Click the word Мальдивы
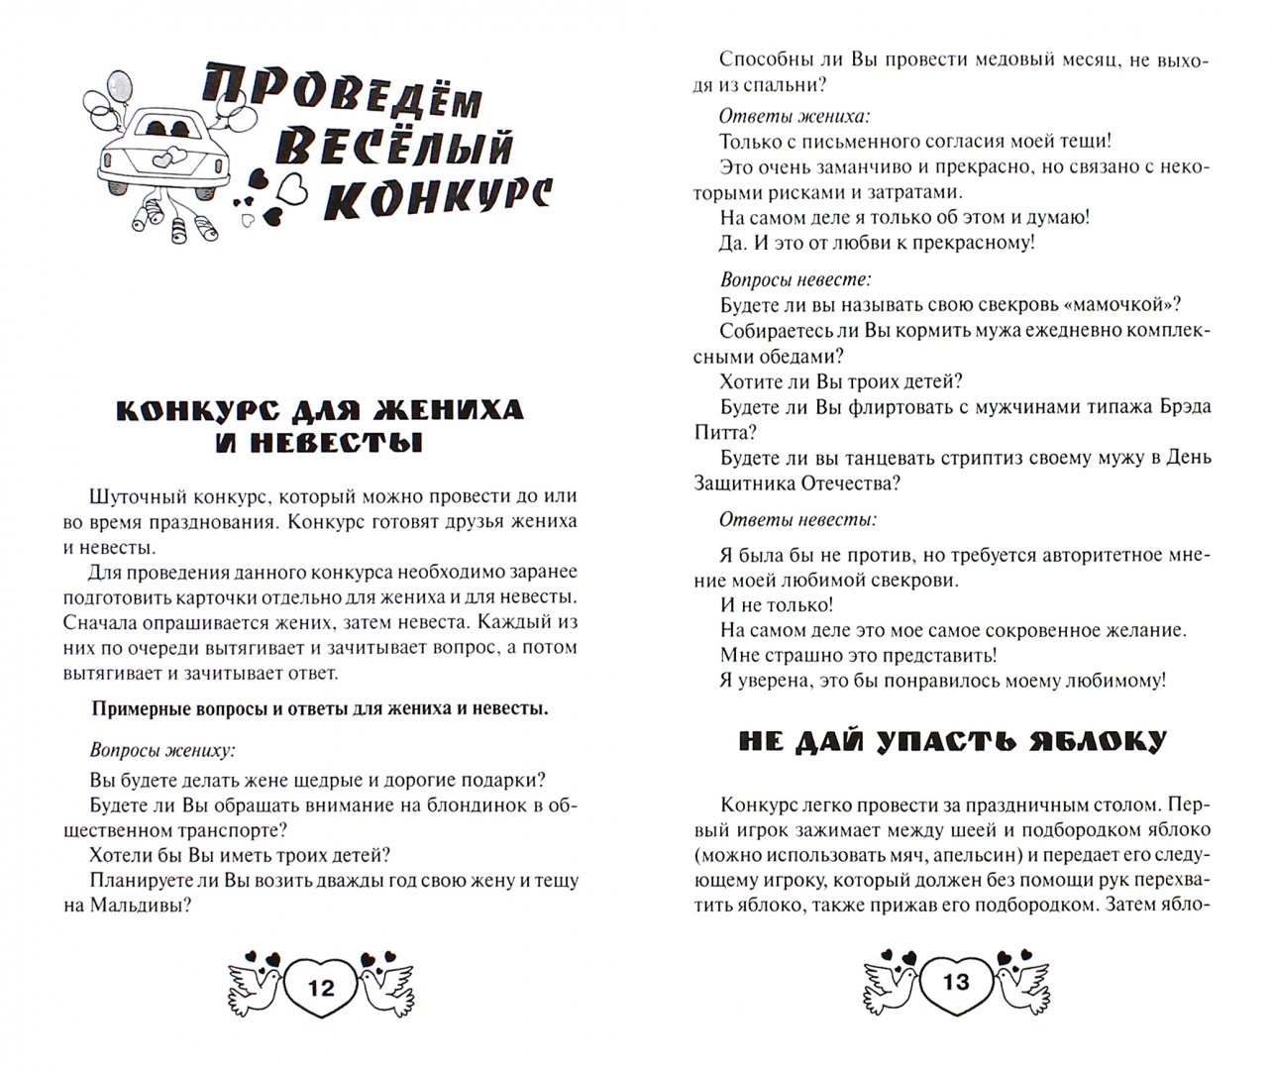point(138,906)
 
